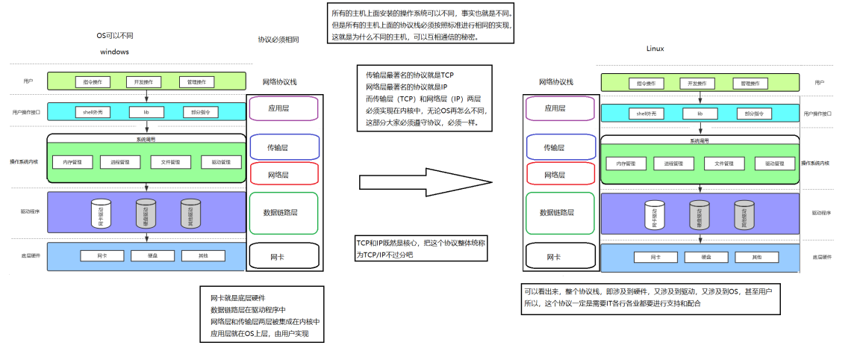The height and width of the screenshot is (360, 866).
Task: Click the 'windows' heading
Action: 114,52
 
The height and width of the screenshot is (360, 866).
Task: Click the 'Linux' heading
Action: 655,49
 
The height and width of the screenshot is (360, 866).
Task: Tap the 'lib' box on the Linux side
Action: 700,114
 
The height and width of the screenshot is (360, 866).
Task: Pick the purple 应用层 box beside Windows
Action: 284,108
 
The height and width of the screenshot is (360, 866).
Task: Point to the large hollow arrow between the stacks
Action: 426,183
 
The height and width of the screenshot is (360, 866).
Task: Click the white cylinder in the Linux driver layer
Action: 655,214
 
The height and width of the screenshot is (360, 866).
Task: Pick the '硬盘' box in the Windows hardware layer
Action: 146,255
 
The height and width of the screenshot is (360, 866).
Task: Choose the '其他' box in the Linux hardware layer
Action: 757,257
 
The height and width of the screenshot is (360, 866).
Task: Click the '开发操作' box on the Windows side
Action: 144,81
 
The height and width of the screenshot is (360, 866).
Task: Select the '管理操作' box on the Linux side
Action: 750,84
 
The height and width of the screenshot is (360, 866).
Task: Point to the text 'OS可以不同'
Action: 115,35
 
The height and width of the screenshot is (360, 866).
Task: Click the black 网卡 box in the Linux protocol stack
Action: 553,257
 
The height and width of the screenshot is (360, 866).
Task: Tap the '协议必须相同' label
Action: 278,40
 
